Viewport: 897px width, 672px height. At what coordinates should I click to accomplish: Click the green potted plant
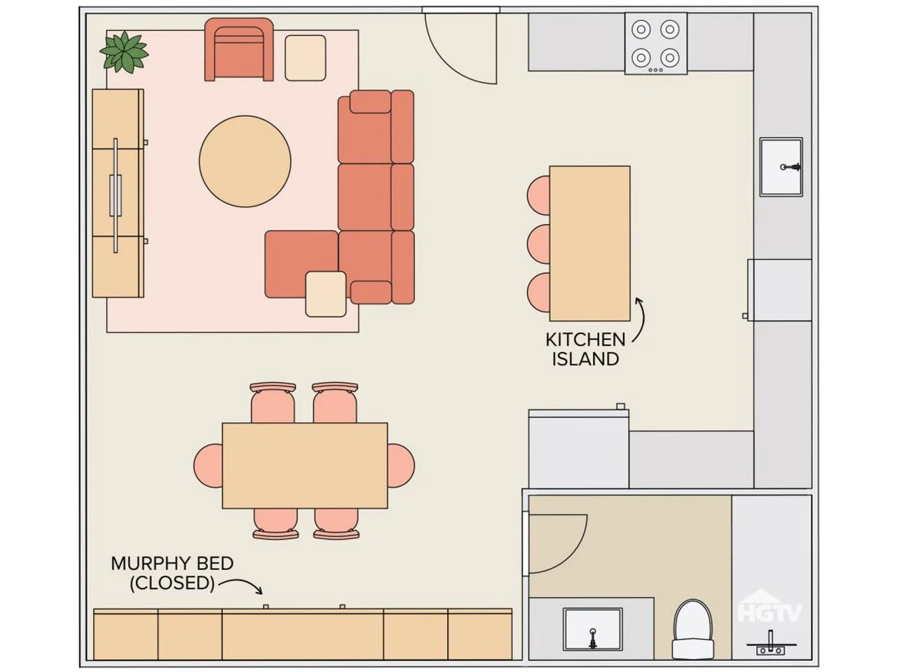click(x=124, y=52)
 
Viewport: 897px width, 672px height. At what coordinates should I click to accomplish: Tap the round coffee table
click(x=245, y=161)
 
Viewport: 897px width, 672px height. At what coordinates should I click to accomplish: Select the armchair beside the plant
click(x=239, y=50)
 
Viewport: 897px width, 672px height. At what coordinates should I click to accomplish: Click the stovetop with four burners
click(x=655, y=43)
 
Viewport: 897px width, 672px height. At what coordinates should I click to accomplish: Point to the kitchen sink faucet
click(x=791, y=167)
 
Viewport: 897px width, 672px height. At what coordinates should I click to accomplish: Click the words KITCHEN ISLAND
click(x=585, y=349)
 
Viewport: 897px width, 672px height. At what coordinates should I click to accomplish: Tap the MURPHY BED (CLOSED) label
click(x=172, y=573)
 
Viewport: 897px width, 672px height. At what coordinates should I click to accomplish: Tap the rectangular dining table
click(x=305, y=465)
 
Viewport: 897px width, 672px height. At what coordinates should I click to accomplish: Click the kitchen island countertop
click(x=589, y=244)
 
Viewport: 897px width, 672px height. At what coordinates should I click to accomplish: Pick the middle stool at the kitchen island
click(x=539, y=244)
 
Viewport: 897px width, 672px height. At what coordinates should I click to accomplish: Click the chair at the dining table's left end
click(x=208, y=465)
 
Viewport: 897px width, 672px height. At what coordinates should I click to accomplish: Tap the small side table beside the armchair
click(x=306, y=58)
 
